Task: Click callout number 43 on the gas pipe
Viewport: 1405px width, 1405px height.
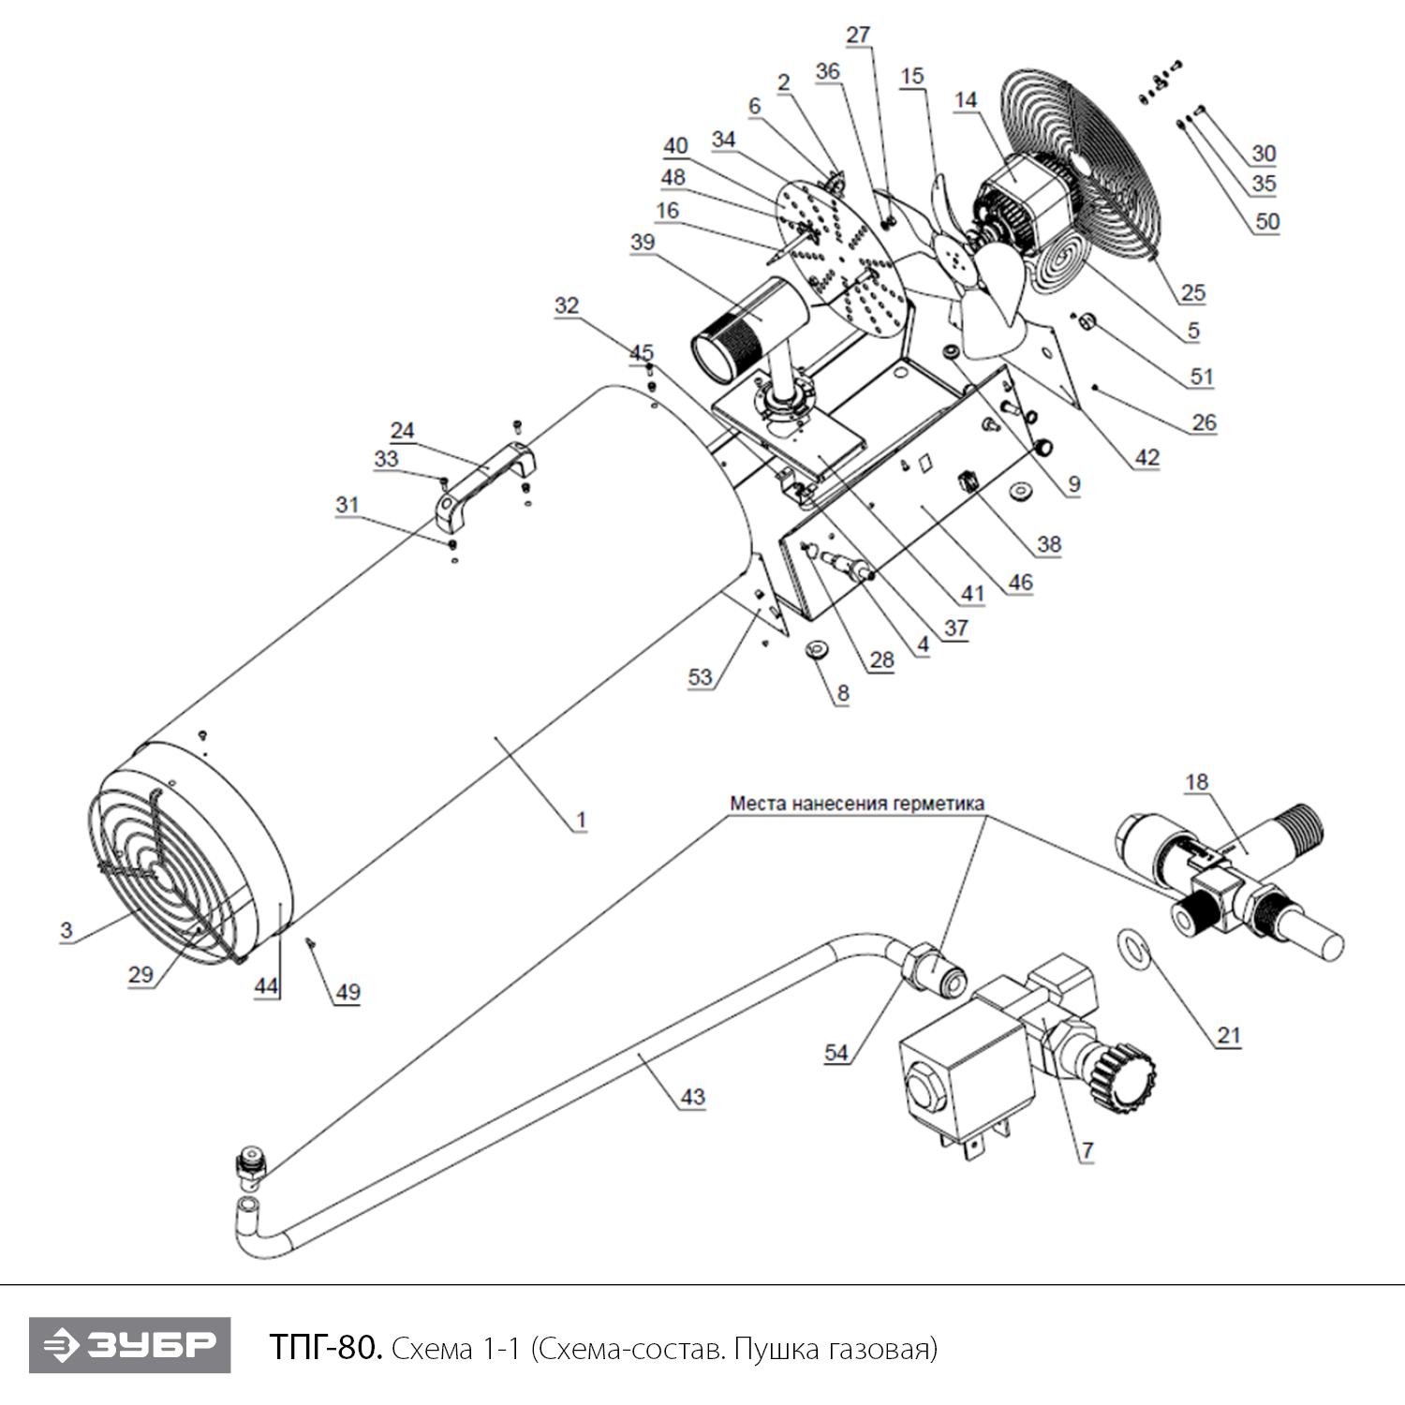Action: (x=692, y=1096)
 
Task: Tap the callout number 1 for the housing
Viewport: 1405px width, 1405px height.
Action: (x=581, y=820)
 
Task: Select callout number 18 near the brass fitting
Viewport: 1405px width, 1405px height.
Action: (x=1196, y=781)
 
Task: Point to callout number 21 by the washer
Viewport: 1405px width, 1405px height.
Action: (x=1228, y=1034)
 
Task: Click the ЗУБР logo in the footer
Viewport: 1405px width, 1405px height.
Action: (x=129, y=1345)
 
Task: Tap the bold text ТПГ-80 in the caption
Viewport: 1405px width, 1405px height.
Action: (x=325, y=1347)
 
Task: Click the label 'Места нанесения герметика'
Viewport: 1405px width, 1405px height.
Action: (x=857, y=804)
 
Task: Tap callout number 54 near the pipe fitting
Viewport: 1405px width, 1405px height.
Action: (x=836, y=1052)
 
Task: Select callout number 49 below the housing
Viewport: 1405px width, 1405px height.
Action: (x=348, y=992)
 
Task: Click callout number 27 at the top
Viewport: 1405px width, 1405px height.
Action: (x=858, y=35)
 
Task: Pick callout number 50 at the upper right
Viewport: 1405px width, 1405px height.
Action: (x=1266, y=221)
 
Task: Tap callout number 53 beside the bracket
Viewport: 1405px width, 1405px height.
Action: (x=700, y=676)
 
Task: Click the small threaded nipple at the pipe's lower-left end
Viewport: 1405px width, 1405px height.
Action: (x=248, y=1165)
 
